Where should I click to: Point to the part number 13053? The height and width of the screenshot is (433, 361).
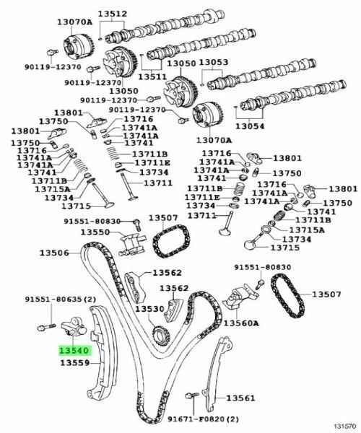[213, 63]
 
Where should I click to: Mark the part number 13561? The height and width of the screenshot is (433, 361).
[240, 398]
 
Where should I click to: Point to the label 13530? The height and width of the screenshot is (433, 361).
[152, 309]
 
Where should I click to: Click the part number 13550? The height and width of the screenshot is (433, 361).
[95, 232]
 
